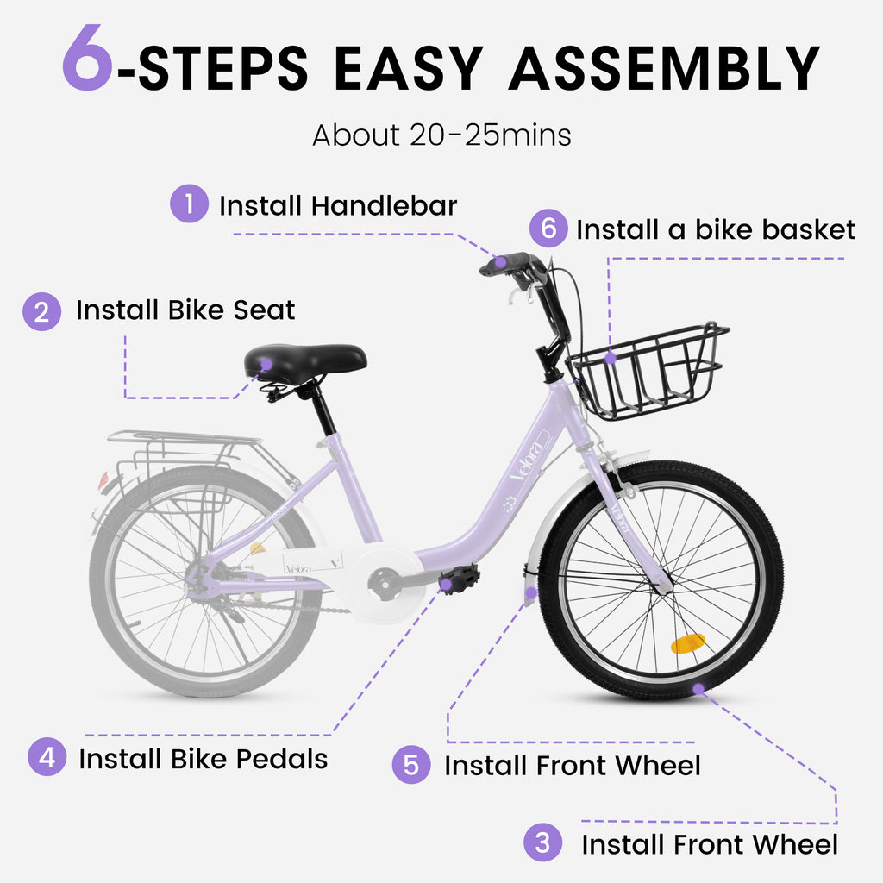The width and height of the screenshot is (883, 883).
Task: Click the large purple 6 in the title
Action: click(x=87, y=59)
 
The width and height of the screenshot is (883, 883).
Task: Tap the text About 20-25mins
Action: click(x=441, y=135)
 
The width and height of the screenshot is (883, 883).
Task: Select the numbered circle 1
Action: click(x=189, y=204)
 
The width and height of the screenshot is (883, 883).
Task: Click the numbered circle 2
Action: click(x=42, y=310)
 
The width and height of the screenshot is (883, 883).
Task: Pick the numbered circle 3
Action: click(x=542, y=842)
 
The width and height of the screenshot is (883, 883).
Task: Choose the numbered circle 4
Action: click(x=47, y=757)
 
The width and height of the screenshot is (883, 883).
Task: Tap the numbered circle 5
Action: click(x=411, y=764)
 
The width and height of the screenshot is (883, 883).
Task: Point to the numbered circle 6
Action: click(x=548, y=229)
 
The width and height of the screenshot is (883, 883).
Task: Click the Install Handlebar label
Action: click(x=337, y=206)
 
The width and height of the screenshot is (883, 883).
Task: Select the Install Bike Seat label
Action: click(x=185, y=310)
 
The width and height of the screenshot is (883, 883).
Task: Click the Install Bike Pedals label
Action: click(x=203, y=759)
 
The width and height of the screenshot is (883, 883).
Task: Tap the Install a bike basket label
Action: click(x=716, y=230)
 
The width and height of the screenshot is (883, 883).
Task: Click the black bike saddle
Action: click(x=304, y=360)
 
